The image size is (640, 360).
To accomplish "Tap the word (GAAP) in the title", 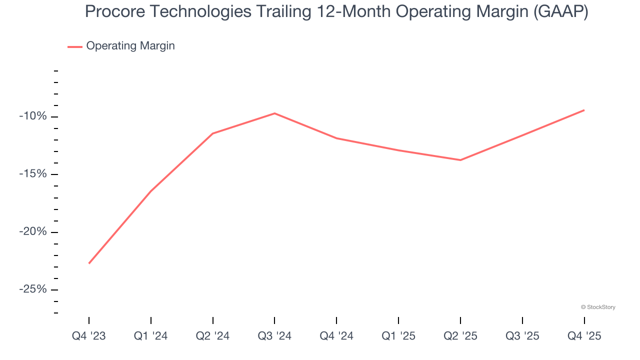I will click(x=560, y=11).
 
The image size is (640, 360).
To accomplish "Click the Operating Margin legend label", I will click(x=130, y=46).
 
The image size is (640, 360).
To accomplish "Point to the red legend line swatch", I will click(x=75, y=46).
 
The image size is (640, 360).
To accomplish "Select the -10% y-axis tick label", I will click(x=32, y=116).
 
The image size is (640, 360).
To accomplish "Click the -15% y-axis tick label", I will click(x=32, y=174).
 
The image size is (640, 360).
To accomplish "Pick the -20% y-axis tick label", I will click(x=32, y=232).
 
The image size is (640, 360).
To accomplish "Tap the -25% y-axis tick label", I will click(x=32, y=290).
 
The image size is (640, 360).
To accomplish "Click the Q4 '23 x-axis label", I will click(x=89, y=336).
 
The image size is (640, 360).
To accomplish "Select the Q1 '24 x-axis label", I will click(x=151, y=336).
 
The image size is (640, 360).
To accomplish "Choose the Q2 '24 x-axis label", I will click(x=213, y=336).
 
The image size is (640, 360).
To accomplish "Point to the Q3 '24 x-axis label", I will click(x=274, y=336).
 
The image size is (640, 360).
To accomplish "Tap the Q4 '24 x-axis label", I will click(x=336, y=336).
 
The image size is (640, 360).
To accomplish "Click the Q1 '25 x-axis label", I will click(x=398, y=336).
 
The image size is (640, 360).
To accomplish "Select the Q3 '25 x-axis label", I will click(x=522, y=336).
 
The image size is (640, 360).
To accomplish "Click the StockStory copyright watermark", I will click(x=598, y=307).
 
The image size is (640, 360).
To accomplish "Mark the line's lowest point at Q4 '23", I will click(x=89, y=263).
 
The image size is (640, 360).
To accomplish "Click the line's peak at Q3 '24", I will click(x=274, y=113).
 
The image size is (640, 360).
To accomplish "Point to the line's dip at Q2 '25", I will click(x=460, y=160).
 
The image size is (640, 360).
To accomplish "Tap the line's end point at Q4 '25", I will click(x=584, y=110).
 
